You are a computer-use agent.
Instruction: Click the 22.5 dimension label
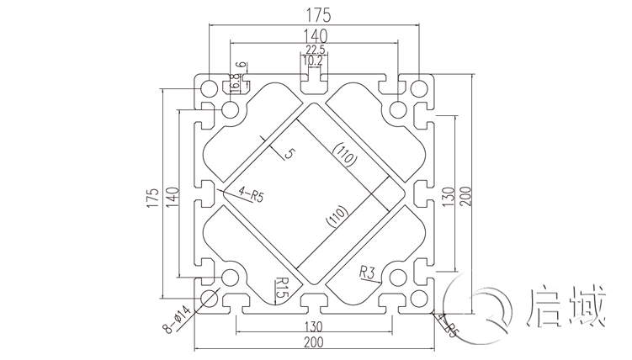313,49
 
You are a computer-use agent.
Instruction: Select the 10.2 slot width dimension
313,61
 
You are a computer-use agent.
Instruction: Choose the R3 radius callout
366,272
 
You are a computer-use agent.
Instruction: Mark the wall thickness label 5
289,154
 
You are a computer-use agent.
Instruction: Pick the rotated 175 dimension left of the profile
152,197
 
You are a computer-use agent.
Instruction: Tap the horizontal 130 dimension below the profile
312,326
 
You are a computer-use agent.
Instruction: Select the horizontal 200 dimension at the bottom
313,342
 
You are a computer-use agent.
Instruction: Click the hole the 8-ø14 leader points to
207,298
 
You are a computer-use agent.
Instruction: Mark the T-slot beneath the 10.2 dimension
313,80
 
